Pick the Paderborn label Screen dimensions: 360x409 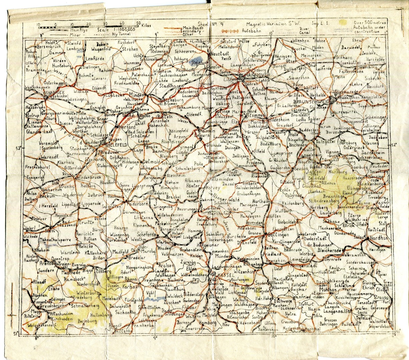pos(135,202)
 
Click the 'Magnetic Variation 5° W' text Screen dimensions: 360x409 pos(273,24)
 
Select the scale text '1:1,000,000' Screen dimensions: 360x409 pos(121,29)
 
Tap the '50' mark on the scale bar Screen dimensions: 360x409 pos(138,24)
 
